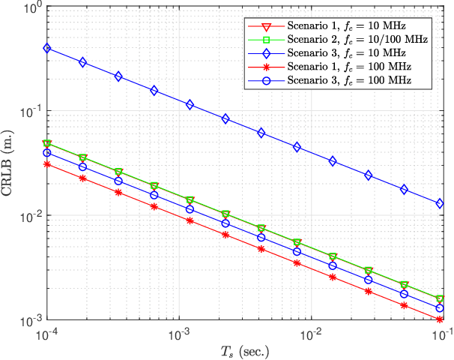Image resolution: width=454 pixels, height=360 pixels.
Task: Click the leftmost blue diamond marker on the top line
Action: pos(47,48)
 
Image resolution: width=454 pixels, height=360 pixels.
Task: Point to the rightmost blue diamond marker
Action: pos(440,203)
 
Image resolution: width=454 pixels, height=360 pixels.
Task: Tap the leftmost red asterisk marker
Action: pos(47,163)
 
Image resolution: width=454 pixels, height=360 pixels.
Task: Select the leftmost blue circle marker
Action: pos(47,153)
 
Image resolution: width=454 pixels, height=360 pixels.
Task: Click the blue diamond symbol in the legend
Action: pos(268,53)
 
